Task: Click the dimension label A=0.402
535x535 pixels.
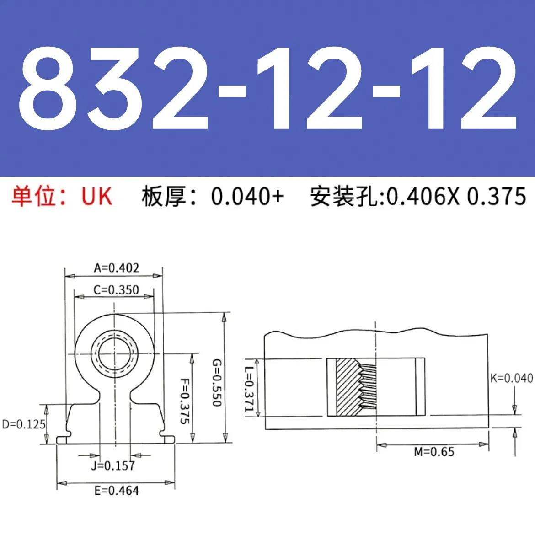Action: click(x=116, y=268)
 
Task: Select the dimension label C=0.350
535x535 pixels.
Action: click(x=116, y=290)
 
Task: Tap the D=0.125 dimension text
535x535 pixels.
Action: click(x=24, y=424)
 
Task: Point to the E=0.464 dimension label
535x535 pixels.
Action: click(x=116, y=491)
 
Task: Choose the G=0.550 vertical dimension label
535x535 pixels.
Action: click(x=216, y=382)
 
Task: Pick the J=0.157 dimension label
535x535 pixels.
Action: click(x=112, y=466)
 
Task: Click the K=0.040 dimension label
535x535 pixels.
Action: click(x=511, y=378)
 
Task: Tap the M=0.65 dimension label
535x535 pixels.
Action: click(x=434, y=452)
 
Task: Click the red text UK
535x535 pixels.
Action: click(x=96, y=197)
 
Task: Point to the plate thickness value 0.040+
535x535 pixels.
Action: click(x=247, y=197)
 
